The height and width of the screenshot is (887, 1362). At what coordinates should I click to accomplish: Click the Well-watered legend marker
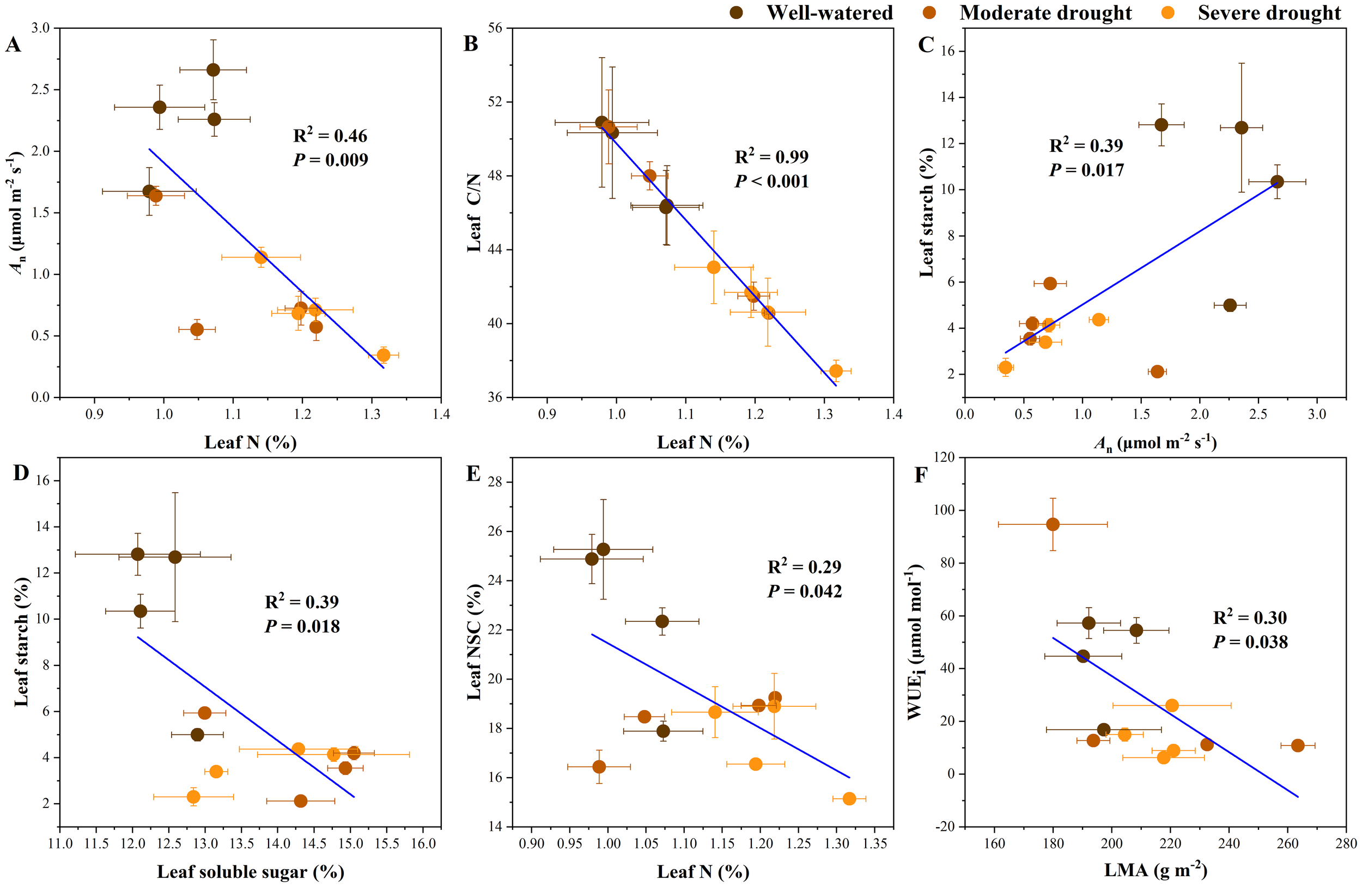[x=737, y=13]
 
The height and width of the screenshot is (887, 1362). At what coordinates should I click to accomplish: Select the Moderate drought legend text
[x=1045, y=13]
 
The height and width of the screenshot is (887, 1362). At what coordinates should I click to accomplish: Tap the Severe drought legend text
[x=1269, y=13]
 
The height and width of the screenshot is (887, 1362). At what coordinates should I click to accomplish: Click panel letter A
[x=13, y=45]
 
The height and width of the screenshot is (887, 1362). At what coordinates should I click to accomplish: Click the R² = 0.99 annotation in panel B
[x=771, y=157]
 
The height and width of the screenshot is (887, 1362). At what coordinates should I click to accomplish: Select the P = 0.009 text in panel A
[x=331, y=160]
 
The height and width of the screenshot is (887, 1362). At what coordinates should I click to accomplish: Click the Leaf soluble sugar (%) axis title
[x=251, y=872]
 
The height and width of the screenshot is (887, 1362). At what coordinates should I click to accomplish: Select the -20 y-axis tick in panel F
[x=944, y=827]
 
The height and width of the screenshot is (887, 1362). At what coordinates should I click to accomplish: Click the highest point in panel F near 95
[x=1053, y=524]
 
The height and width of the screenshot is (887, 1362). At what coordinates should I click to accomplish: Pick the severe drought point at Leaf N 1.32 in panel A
[x=384, y=355]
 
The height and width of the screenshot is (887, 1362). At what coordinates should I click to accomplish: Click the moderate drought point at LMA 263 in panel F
[x=1298, y=746]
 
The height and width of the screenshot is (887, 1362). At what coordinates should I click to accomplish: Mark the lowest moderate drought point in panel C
[x=1157, y=372]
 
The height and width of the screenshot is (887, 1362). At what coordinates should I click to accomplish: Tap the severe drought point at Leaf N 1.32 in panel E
[x=849, y=799]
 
